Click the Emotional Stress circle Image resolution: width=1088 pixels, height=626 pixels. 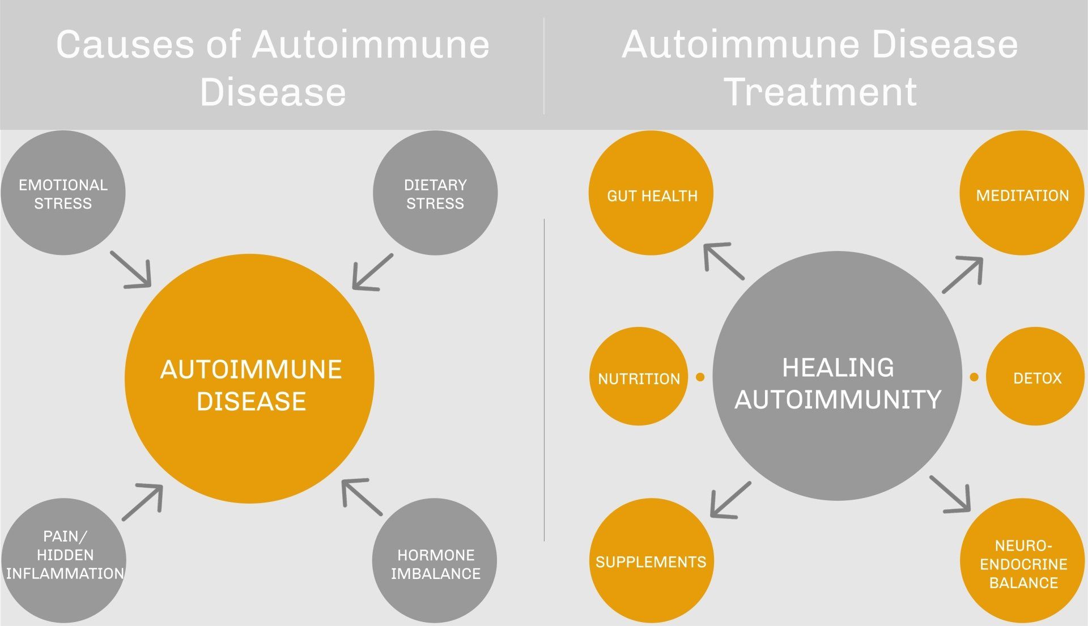(63, 193)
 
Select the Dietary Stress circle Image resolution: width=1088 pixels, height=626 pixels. (435, 193)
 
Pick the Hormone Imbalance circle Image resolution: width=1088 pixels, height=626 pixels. (435, 561)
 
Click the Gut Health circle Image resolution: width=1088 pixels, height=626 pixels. (651, 193)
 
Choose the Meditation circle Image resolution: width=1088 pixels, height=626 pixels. (1022, 193)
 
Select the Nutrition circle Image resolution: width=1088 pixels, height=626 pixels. (639, 376)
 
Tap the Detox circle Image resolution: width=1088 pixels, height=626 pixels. (1035, 376)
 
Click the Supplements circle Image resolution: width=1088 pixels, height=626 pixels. (651, 561)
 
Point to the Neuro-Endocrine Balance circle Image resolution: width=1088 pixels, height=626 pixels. (1022, 561)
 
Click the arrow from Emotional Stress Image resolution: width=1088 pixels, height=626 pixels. (131, 270)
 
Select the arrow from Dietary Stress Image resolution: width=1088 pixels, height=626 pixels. (372, 272)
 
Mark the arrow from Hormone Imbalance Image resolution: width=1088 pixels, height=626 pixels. (362, 497)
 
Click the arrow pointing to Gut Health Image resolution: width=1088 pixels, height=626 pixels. (724, 261)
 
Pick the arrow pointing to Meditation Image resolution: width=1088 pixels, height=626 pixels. (962, 275)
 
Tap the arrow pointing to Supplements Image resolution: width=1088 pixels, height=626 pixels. (730, 500)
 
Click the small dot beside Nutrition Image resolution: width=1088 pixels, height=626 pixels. (700, 377)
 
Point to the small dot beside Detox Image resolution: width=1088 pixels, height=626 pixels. (974, 377)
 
